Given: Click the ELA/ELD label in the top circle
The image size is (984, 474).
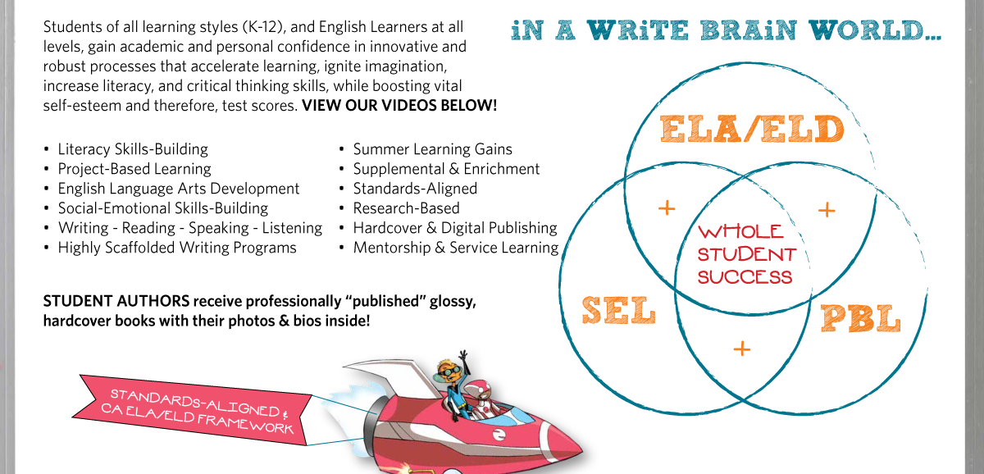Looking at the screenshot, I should [x=751, y=130].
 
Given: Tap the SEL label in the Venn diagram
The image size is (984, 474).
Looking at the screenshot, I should [x=618, y=311].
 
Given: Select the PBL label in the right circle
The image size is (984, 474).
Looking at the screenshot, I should [x=860, y=318].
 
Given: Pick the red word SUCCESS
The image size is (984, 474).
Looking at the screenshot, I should [x=745, y=276].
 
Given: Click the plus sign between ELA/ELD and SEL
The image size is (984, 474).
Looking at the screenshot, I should [x=667, y=208].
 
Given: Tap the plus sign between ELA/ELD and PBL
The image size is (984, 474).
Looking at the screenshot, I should [x=827, y=210].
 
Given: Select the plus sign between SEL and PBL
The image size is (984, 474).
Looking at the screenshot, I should [x=741, y=349].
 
